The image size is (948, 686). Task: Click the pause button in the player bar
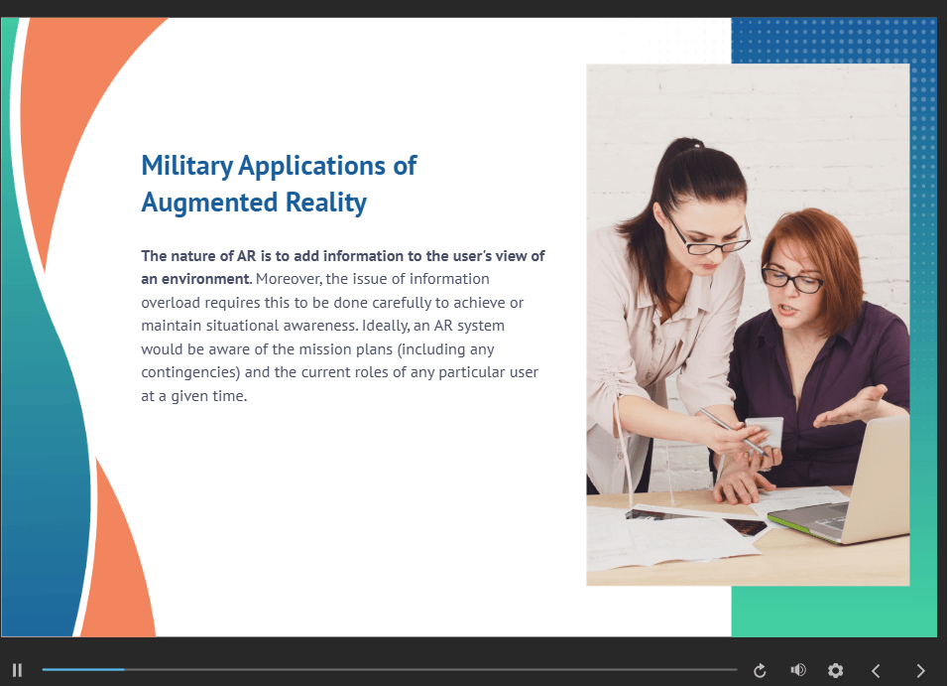click(x=17, y=670)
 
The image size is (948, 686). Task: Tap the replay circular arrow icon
click(x=760, y=670)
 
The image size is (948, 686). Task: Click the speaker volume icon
click(x=798, y=670)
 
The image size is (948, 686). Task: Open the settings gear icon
click(x=836, y=670)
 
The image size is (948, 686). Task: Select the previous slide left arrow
click(x=876, y=670)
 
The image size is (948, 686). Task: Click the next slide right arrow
click(x=920, y=670)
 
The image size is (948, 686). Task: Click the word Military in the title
click(x=186, y=167)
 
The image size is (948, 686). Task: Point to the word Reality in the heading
click(x=326, y=203)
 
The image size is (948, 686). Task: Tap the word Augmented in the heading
click(x=210, y=204)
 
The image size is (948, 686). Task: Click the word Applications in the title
click(x=312, y=167)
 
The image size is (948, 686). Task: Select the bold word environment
click(x=206, y=279)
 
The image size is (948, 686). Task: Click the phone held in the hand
click(x=765, y=432)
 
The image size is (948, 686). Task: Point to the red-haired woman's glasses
click(x=793, y=280)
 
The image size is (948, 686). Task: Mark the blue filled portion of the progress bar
click(x=83, y=670)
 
